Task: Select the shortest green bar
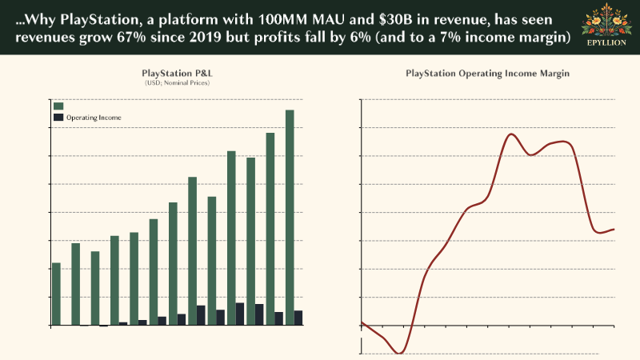coord(56,294)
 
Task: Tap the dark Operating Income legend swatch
coord(58,118)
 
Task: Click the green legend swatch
coord(58,106)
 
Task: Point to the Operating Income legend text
coord(94,118)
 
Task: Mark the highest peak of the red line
coord(511,134)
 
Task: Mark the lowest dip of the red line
coord(400,353)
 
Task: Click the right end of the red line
coord(614,230)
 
